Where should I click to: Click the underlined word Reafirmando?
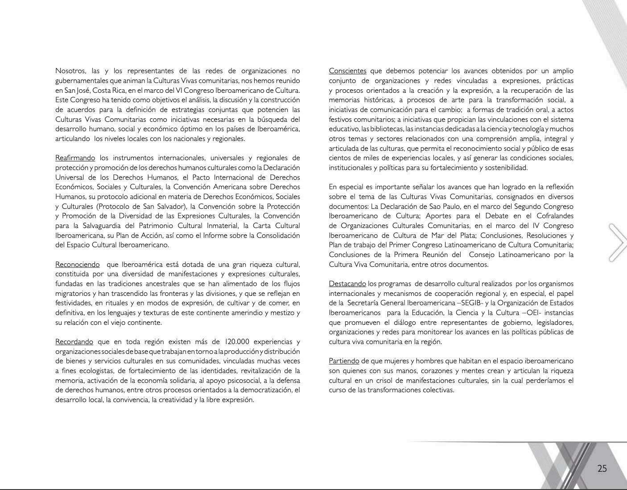point(75,158)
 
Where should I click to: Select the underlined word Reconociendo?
point(77,265)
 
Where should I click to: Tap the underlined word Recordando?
point(74,342)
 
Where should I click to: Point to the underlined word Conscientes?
point(347,71)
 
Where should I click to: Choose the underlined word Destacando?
point(347,284)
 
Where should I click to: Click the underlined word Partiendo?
point(344,361)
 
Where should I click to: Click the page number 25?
point(602,469)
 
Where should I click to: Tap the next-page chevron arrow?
point(618,242)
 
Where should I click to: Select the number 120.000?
point(240,342)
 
